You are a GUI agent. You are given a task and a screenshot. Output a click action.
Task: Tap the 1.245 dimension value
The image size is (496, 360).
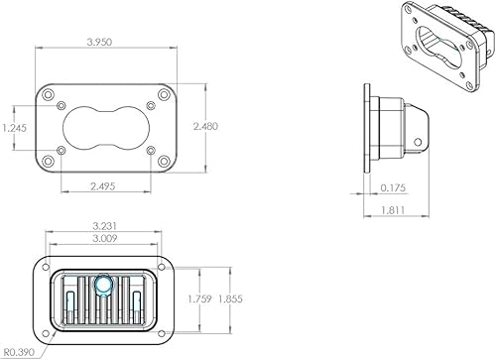point(14,128)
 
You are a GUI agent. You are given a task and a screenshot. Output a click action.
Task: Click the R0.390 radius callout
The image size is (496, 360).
point(19,351)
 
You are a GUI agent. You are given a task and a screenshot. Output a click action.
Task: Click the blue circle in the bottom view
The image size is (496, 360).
point(103,287)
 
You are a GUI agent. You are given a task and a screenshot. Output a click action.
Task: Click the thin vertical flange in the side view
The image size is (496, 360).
point(369,126)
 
